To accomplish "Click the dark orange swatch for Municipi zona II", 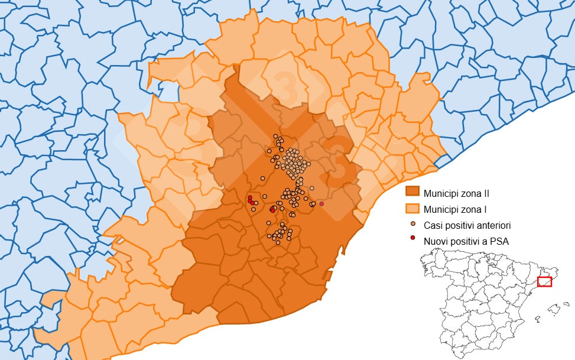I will pyautogui.click(x=412, y=192).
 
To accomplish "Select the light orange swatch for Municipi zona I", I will pyautogui.click(x=412, y=208).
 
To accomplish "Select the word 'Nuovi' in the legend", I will pyautogui.click(x=436, y=241).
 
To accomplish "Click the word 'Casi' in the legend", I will pyautogui.click(x=432, y=225).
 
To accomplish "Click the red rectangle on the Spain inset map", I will pyautogui.click(x=544, y=282).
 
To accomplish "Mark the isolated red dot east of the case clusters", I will pyautogui.click(x=321, y=203).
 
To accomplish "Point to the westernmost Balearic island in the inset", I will pyautogui.click(x=538, y=319).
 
